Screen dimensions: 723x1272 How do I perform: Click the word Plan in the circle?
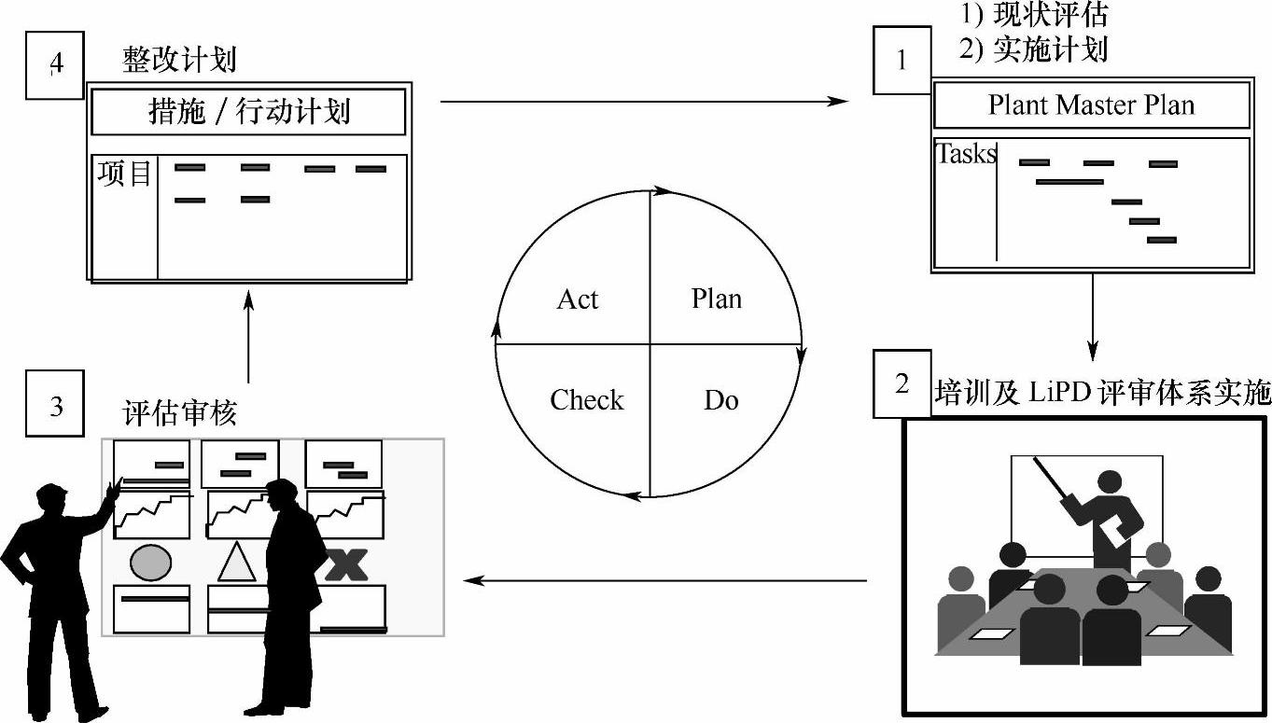tap(717, 299)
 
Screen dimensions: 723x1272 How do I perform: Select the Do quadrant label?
tap(720, 401)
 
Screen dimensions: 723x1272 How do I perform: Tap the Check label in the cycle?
tap(586, 400)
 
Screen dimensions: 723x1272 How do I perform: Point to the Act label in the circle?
tap(577, 299)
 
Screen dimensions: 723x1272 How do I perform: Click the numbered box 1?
tap(902, 61)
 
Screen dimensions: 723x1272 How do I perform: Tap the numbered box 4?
tap(56, 63)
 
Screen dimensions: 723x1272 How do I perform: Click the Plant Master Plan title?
tap(1091, 105)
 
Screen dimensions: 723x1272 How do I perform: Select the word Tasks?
tap(966, 153)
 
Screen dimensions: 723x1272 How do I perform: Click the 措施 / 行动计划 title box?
tap(248, 112)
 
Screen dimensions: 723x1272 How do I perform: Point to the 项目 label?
tap(124, 174)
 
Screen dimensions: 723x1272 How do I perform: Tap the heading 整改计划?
tap(179, 61)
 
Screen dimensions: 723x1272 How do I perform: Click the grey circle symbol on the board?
tap(150, 563)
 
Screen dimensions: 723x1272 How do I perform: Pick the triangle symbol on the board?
tap(236, 563)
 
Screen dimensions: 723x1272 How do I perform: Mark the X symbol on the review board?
tap(344, 564)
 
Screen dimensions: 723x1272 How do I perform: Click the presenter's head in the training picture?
tap(1110, 482)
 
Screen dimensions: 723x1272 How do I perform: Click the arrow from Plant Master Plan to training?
tap(1093, 316)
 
